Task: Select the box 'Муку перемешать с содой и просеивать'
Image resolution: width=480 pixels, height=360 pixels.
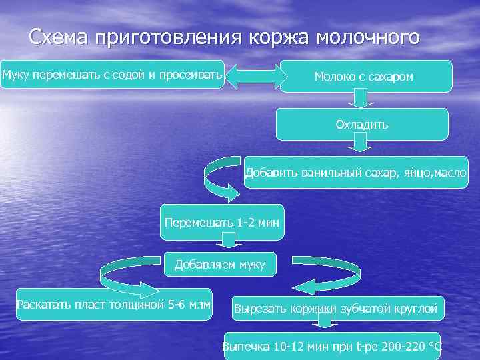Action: tap(112, 74)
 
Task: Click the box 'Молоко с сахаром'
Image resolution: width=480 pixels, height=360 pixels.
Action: tap(365, 76)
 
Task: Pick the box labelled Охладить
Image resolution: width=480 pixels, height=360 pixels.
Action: tap(362, 124)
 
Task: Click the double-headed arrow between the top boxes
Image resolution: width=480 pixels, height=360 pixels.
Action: tap(252, 75)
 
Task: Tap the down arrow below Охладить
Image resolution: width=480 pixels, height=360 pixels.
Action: tap(361, 142)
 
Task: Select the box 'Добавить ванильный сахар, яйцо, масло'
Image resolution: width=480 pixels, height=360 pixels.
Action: tap(356, 173)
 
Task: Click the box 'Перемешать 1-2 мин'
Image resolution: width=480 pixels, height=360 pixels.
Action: tap(223, 222)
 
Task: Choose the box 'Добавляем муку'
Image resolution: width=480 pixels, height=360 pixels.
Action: tap(219, 265)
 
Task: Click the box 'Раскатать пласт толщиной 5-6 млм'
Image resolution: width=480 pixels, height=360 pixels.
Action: tap(114, 305)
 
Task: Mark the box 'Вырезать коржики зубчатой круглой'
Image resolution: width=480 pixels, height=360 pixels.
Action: tap(336, 309)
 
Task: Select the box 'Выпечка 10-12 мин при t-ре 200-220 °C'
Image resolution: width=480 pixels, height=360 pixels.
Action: tap(332, 346)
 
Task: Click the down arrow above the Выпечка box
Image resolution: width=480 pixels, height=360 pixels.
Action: tap(325, 323)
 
